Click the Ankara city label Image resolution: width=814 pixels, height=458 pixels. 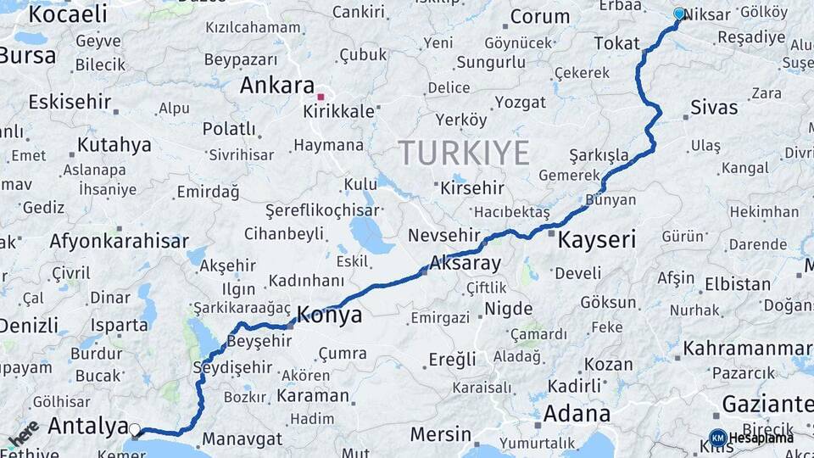(277, 86)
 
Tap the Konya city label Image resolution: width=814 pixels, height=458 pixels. (327, 316)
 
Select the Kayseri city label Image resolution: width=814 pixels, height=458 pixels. (597, 240)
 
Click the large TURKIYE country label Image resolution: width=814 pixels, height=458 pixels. (464, 153)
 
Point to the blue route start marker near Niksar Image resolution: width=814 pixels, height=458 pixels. (678, 14)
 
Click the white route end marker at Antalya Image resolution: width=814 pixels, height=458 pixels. (135, 429)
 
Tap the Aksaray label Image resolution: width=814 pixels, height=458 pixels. (466, 263)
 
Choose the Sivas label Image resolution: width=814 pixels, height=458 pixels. (714, 108)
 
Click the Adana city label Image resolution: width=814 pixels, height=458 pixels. (576, 414)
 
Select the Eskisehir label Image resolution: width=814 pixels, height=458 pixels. (70, 102)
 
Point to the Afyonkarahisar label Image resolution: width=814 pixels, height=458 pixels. (119, 241)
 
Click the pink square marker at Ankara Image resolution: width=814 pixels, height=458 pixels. (321, 97)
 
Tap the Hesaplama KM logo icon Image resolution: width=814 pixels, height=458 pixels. (717, 438)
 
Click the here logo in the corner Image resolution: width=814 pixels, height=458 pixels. (24, 433)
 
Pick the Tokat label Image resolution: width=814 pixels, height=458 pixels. (616, 43)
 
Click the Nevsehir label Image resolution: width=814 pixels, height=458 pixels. (444, 236)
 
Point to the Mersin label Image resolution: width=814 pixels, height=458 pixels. (440, 434)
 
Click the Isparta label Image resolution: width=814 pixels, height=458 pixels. (120, 325)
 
